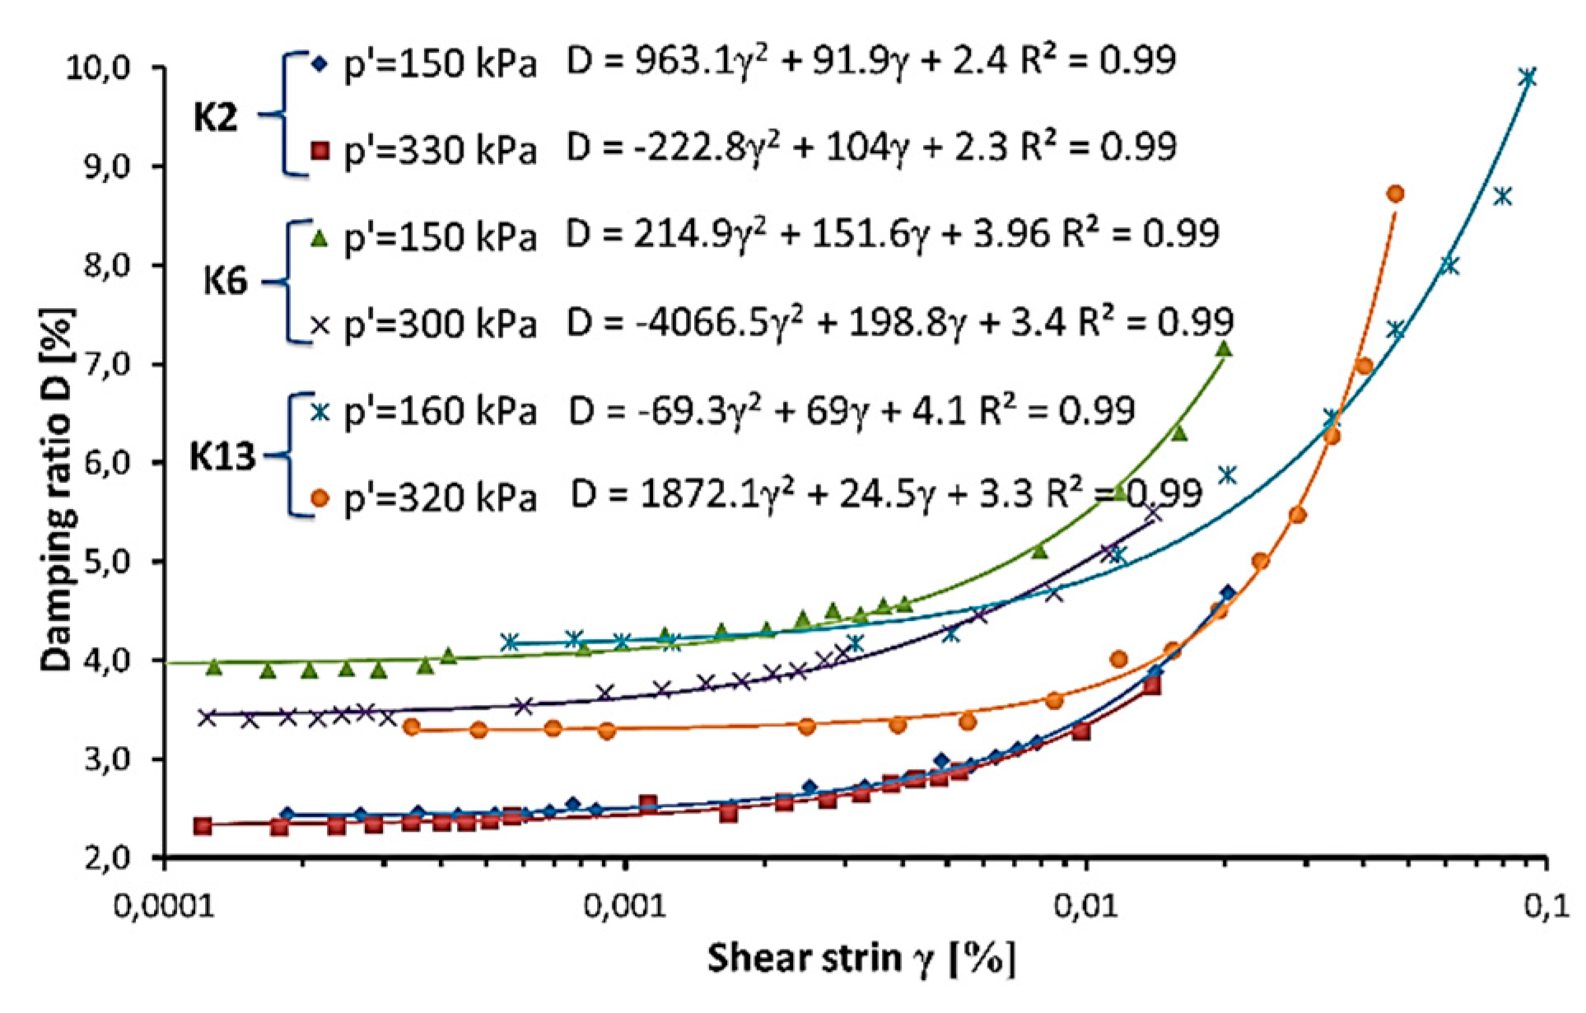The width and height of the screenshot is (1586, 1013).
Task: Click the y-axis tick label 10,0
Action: coord(98,68)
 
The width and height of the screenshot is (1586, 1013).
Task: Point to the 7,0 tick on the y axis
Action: coord(107,364)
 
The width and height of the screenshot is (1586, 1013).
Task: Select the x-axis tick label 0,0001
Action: coord(165,906)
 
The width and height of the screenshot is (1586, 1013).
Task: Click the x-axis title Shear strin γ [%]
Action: coord(861,959)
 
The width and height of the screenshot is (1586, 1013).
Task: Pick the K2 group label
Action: coord(216,118)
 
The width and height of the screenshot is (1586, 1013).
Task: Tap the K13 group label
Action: coord(222,455)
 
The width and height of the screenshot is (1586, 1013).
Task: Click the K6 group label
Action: coord(225,282)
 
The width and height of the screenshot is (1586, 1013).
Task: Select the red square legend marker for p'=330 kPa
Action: coord(320,150)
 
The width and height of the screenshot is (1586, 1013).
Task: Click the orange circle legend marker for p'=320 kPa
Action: coord(320,498)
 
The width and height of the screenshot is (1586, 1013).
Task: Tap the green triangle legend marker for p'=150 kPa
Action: coord(320,239)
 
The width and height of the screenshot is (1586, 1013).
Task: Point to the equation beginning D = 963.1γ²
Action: coord(870,61)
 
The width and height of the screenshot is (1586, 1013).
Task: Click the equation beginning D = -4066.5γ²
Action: coord(899,322)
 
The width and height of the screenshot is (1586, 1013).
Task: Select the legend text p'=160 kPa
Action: coord(441,410)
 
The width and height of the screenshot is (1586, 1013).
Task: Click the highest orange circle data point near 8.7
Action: coord(1395,194)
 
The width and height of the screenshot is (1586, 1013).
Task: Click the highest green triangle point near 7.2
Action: coord(1224,349)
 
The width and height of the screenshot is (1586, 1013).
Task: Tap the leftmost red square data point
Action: coord(203,825)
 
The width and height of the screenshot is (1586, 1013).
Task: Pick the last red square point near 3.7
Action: coord(1152,685)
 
